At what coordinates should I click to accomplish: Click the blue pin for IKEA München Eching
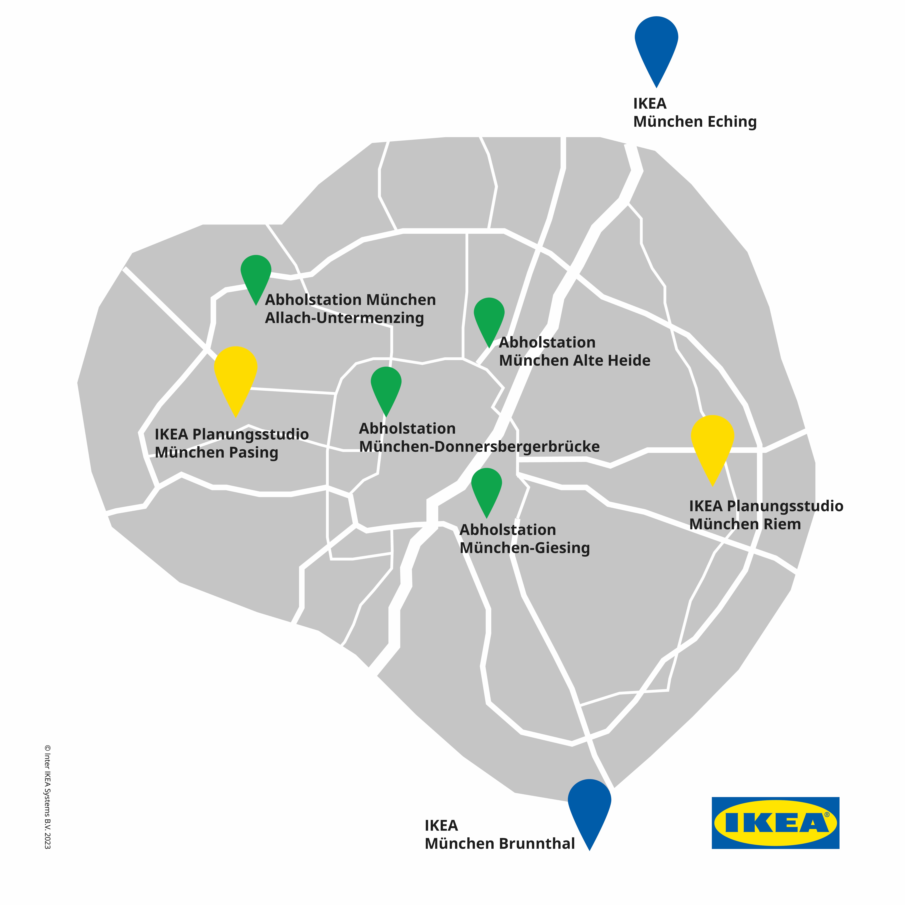[x=656, y=44]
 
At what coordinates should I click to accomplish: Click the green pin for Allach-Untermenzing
[x=256, y=275]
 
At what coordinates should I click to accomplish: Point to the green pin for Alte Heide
[x=489, y=318]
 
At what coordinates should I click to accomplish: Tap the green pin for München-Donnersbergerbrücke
[x=386, y=387]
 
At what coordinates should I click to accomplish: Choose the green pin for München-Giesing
[x=487, y=489]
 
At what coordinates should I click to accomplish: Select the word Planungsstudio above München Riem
[x=785, y=506]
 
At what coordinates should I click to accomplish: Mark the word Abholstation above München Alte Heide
[x=547, y=342]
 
